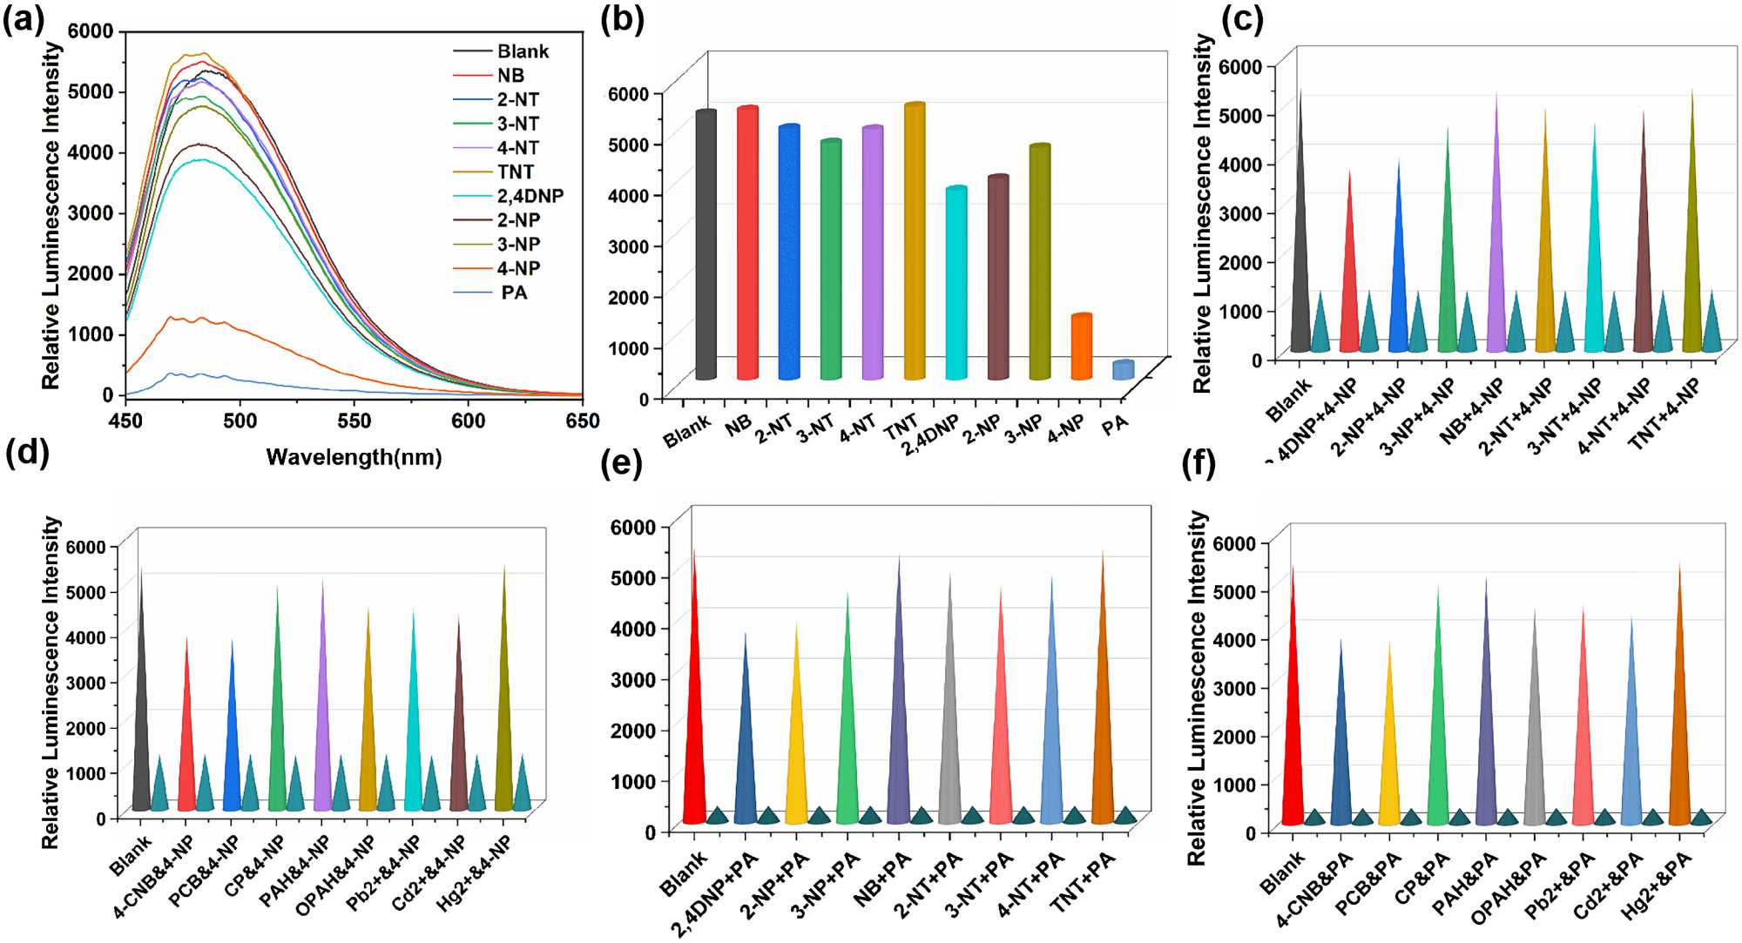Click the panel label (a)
24,19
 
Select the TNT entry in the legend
516,172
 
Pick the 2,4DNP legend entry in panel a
530,196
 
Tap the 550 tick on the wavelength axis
354,421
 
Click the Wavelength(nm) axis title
354,457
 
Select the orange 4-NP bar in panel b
1081,347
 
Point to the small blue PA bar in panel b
1123,370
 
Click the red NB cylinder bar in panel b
747,244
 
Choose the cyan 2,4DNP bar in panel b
956,283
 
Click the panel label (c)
1242,19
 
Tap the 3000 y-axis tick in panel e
632,679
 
